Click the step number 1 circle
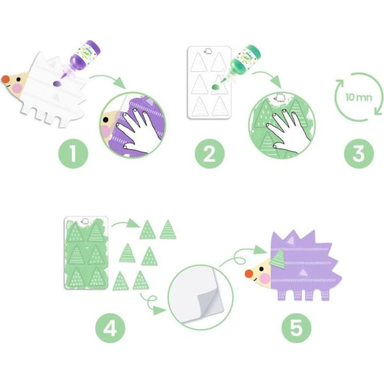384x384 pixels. [73, 154]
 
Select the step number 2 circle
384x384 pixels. [210, 154]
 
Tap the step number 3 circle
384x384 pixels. [359, 154]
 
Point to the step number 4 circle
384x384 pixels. [110, 328]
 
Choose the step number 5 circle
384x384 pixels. [296, 328]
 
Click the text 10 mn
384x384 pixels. [359, 97]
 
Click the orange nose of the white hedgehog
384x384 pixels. [5, 79]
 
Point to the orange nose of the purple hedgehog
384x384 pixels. [249, 274]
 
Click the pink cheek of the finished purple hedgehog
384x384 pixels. [265, 278]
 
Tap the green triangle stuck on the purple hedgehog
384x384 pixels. [277, 258]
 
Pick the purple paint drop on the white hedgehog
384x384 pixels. [57, 84]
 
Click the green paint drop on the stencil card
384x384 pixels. [216, 87]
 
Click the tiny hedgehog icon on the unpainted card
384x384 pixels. [208, 51]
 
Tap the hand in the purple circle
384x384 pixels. [140, 130]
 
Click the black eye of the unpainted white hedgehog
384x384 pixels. [19, 79]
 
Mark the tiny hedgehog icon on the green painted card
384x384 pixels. [85, 221]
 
